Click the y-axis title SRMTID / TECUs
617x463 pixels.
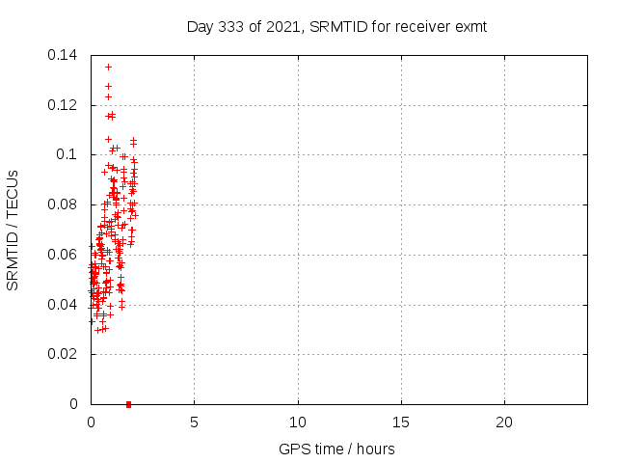click(13, 230)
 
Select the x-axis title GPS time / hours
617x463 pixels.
click(336, 449)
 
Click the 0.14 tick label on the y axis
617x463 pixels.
click(65, 55)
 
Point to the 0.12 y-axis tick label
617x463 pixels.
click(65, 105)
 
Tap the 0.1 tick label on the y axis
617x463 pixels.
click(69, 154)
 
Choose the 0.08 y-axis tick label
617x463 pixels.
click(65, 204)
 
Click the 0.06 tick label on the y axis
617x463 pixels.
click(65, 255)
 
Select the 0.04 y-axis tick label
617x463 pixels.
click(65, 305)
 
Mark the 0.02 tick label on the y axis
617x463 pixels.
click(65, 354)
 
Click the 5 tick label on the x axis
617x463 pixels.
click(194, 422)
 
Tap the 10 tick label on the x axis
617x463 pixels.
click(298, 422)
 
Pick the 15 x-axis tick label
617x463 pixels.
click(401, 422)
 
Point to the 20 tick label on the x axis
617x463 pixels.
click(504, 422)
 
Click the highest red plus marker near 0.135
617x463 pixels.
click(108, 67)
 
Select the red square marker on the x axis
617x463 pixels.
click(128, 404)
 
